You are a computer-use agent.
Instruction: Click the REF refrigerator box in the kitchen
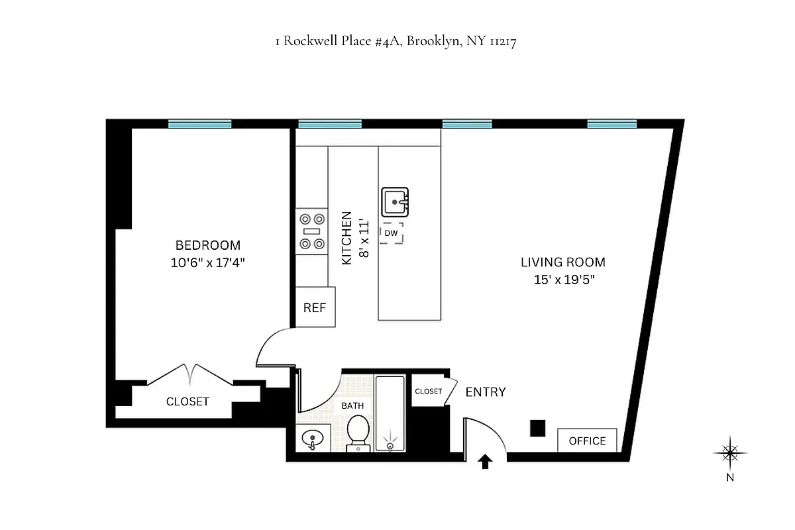pyautogui.click(x=315, y=307)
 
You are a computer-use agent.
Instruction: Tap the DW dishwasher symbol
pyautogui.click(x=391, y=233)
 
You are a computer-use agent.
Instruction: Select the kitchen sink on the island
pyautogui.click(x=395, y=201)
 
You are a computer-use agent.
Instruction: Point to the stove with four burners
pyautogui.click(x=312, y=231)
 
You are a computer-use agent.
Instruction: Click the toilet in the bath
pyautogui.click(x=358, y=431)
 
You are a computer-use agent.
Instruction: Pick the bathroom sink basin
pyautogui.click(x=312, y=438)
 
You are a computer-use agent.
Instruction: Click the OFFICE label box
pyautogui.click(x=587, y=441)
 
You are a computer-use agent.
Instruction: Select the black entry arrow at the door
pyautogui.click(x=485, y=462)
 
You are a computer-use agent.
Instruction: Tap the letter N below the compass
pyautogui.click(x=729, y=476)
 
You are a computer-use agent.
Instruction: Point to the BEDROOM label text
pyautogui.click(x=207, y=245)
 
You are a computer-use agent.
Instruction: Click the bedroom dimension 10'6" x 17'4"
pyautogui.click(x=207, y=262)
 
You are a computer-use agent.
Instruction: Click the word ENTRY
pyautogui.click(x=486, y=392)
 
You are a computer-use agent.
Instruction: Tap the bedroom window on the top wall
pyautogui.click(x=199, y=123)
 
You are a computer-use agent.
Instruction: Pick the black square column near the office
pyautogui.click(x=538, y=428)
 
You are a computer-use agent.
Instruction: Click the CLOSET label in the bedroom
pyautogui.click(x=187, y=401)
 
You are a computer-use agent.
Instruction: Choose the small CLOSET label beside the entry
pyautogui.click(x=428, y=392)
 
